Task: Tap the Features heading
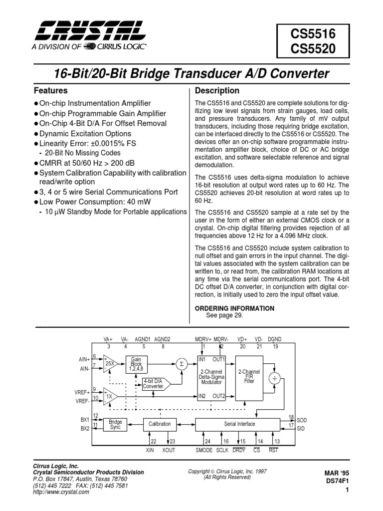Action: (50, 91)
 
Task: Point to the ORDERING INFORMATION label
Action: (234, 308)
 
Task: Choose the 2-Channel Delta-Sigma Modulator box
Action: (212, 378)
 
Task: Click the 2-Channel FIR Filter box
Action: (249, 378)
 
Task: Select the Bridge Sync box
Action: (115, 425)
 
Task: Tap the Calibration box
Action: (160, 424)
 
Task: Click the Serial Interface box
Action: (240, 424)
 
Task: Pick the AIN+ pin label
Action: (83, 359)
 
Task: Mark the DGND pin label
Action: (274, 339)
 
